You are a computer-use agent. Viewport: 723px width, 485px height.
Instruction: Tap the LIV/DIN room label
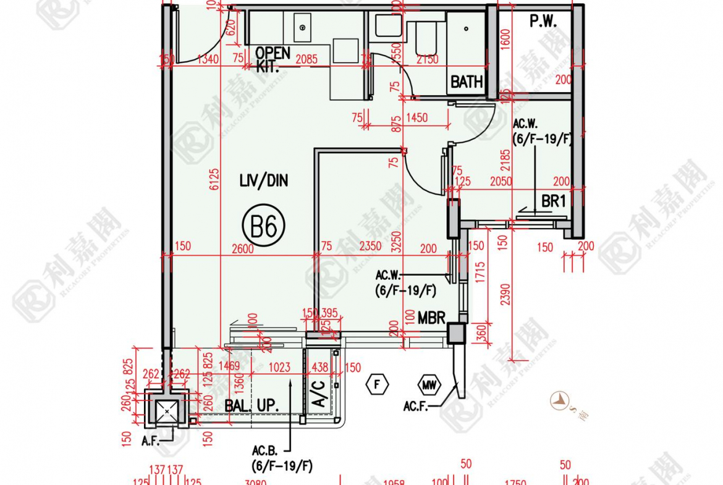[264, 181]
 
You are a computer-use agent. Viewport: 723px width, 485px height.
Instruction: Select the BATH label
[466, 82]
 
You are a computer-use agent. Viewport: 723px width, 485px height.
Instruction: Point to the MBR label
[431, 318]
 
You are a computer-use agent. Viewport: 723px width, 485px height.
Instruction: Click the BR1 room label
[554, 201]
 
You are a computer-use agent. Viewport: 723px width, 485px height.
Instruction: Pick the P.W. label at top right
[543, 22]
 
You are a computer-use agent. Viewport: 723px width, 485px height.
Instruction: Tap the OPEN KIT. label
[272, 59]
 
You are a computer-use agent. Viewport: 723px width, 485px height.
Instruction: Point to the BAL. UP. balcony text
[252, 406]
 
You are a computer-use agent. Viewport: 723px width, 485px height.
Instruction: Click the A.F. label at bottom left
[151, 441]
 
